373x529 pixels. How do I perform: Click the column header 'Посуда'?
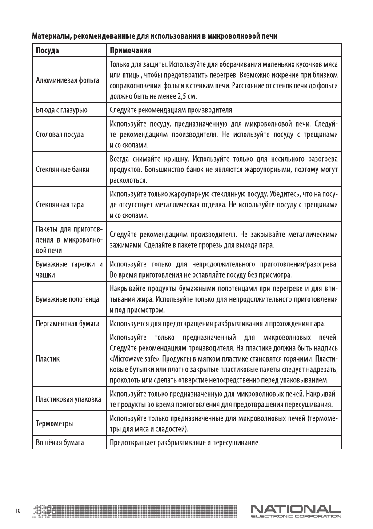click(x=48, y=50)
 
